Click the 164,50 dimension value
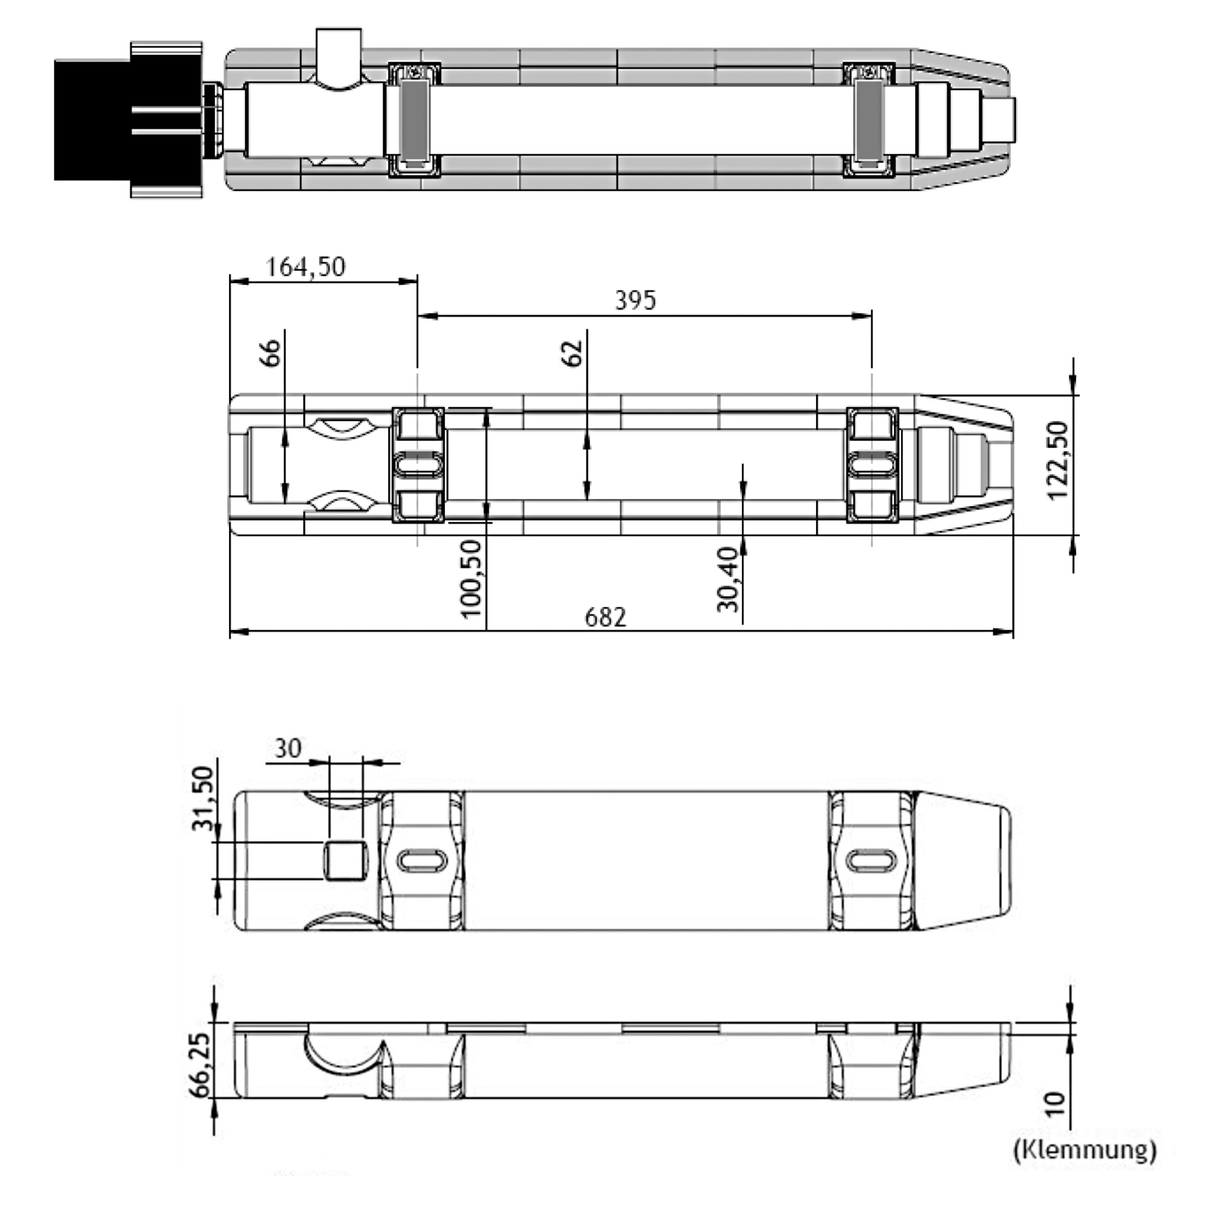tap(306, 267)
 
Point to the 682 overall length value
tap(605, 617)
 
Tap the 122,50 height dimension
tap(1058, 461)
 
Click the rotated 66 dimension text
tap(270, 353)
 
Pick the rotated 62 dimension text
tap(572, 353)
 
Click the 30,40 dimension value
tap(728, 579)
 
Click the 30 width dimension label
tap(288, 749)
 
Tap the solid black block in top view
tap(94, 119)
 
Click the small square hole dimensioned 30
tap(344, 861)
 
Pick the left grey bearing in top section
tap(415, 119)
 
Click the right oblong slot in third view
tap(871, 860)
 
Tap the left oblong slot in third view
tap(423, 860)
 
